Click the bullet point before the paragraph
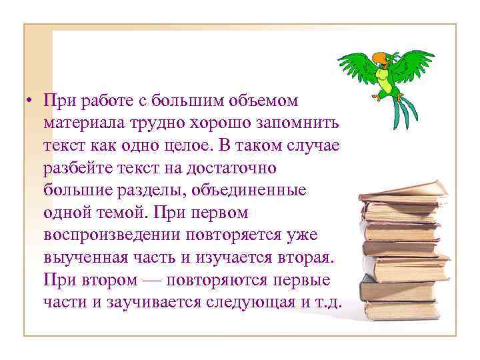[30, 102]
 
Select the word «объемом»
[266, 101]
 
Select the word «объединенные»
[249, 189]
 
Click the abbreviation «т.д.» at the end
[329, 301]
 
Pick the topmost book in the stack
[403, 192]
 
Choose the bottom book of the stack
[407, 308]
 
